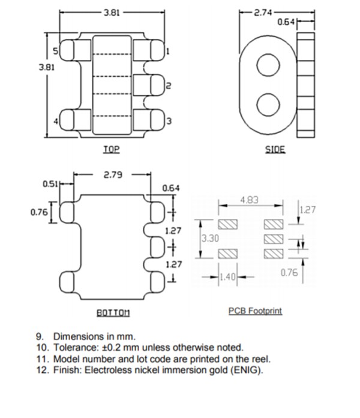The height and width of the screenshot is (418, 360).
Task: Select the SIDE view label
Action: pyautogui.click(x=275, y=149)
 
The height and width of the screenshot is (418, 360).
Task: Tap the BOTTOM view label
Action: pyautogui.click(x=113, y=312)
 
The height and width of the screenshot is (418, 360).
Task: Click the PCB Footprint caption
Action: pyautogui.click(x=255, y=311)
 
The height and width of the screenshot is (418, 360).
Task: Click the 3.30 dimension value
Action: pyautogui.click(x=209, y=238)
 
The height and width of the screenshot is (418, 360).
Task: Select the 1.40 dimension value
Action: pyautogui.click(x=228, y=276)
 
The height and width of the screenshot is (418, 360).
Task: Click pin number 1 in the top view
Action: pyautogui.click(x=167, y=51)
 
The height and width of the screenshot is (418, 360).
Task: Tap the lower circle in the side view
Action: pyautogui.click(x=268, y=104)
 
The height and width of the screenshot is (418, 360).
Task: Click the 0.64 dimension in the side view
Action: pyautogui.click(x=286, y=22)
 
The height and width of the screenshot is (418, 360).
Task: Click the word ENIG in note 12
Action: pyautogui.click(x=247, y=369)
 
